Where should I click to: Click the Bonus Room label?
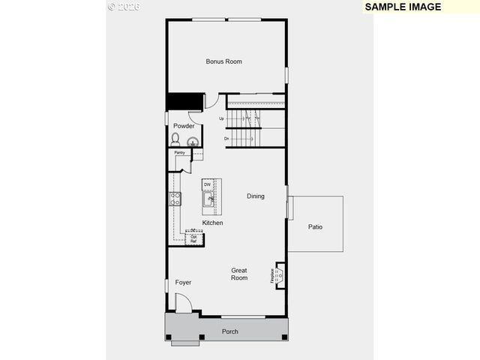click(x=223, y=61)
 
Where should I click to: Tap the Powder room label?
click(x=184, y=126)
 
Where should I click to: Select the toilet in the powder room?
click(x=175, y=139)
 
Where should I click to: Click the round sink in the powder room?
click(x=191, y=140)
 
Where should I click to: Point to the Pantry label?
click(x=180, y=153)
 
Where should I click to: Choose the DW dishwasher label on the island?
click(x=207, y=184)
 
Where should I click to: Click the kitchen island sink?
click(x=208, y=199)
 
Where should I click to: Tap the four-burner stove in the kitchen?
click(x=175, y=199)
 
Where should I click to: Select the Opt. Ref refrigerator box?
click(x=194, y=238)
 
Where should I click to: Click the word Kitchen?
click(x=212, y=223)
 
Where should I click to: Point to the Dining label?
click(x=256, y=196)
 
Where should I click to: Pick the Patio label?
click(x=315, y=226)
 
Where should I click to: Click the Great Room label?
click(x=239, y=274)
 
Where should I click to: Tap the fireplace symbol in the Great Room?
click(x=280, y=275)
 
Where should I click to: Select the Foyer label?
click(x=183, y=283)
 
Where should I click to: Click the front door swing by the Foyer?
click(x=184, y=302)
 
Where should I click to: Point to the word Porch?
click(x=230, y=331)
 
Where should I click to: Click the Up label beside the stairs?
click(x=222, y=118)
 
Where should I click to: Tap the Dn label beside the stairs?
click(x=226, y=139)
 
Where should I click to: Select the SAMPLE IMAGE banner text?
click(x=403, y=7)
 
